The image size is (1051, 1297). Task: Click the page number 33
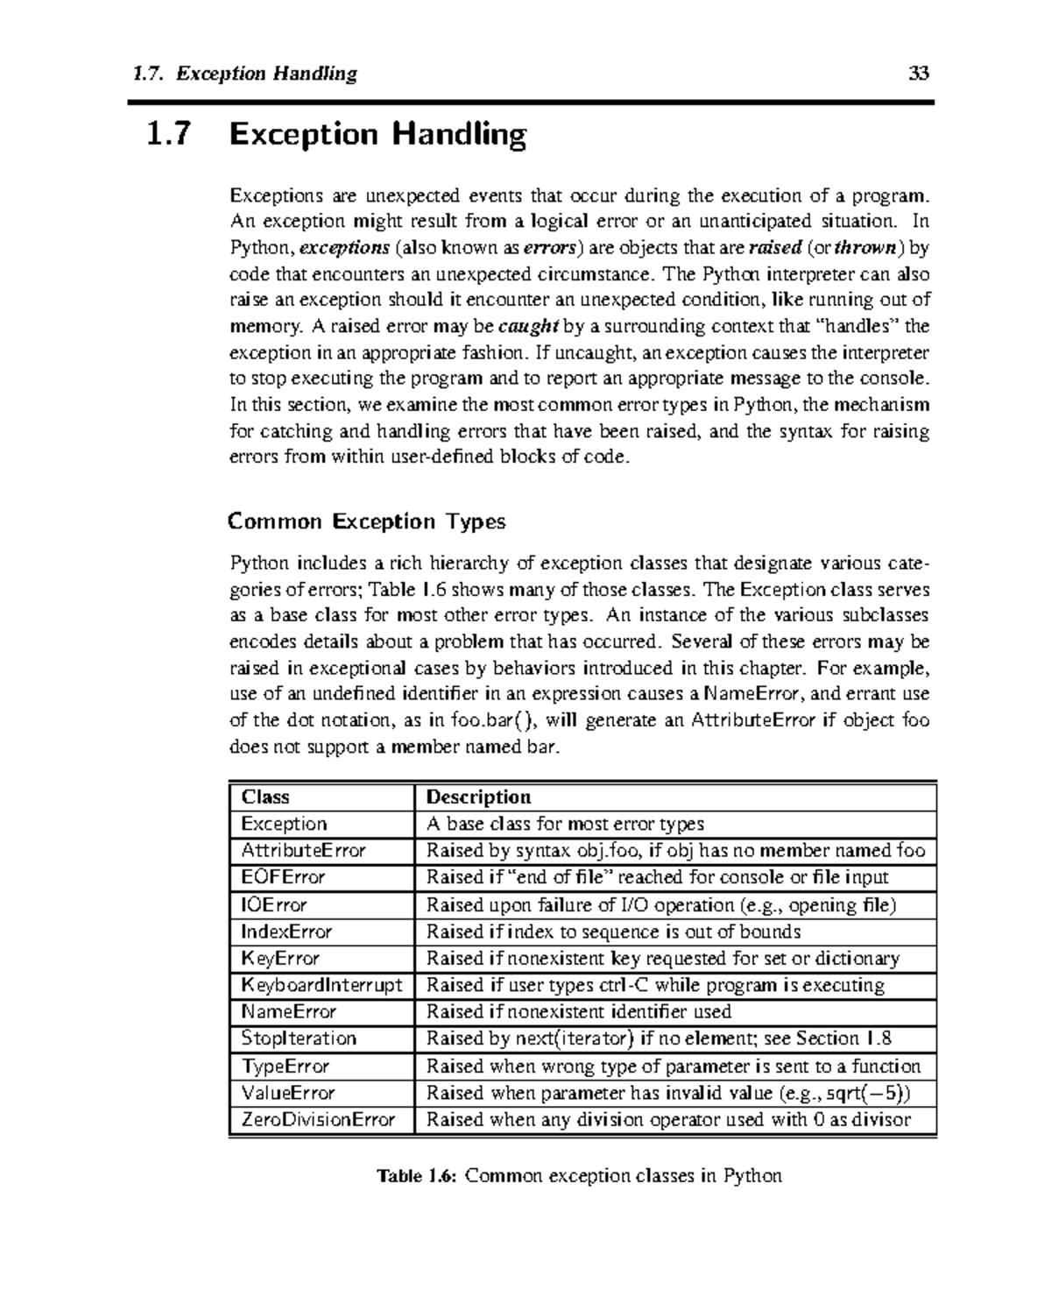(x=919, y=74)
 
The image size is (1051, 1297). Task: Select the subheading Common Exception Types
(x=366, y=521)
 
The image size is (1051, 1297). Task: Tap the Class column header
(x=265, y=797)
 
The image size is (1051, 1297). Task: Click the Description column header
(x=478, y=797)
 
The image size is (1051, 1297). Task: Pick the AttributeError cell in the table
(x=303, y=850)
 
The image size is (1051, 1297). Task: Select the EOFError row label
(x=283, y=877)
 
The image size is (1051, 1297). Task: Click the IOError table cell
(x=274, y=904)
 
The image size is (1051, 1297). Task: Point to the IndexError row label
(x=286, y=932)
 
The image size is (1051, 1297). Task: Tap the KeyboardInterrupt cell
(x=321, y=985)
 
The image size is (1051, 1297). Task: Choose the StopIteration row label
(x=299, y=1038)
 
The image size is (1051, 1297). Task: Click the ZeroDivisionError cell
(x=318, y=1119)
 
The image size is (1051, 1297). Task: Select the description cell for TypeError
(x=673, y=1066)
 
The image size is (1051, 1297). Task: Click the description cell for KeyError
(x=662, y=958)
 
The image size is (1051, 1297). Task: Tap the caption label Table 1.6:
(x=417, y=1176)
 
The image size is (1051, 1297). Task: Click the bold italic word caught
(x=528, y=327)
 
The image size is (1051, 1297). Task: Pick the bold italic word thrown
(x=864, y=247)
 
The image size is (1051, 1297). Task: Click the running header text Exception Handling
(x=266, y=74)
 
